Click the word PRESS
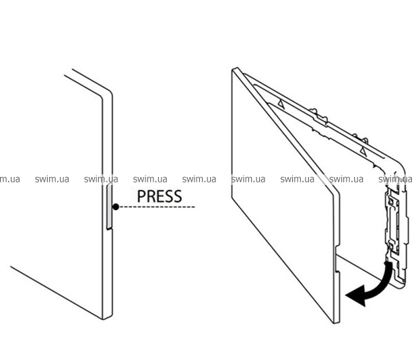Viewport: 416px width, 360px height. point(159,196)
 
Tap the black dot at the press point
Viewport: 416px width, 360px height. point(116,207)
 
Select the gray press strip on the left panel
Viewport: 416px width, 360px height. point(109,209)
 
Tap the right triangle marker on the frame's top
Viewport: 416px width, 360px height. point(361,149)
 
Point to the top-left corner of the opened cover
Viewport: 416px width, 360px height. point(234,69)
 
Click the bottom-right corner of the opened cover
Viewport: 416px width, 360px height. point(335,322)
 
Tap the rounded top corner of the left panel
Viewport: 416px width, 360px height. point(108,95)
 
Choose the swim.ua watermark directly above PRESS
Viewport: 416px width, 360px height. point(150,179)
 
